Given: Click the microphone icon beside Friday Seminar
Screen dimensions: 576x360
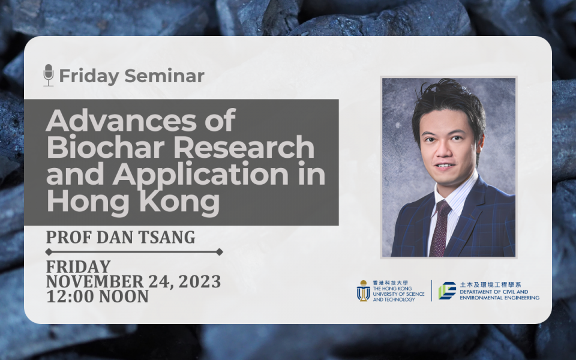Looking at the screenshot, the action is tap(49, 76).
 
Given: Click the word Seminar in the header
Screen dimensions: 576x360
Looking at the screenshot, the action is tap(164, 76).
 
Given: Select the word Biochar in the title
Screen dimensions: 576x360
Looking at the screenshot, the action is tap(106, 147).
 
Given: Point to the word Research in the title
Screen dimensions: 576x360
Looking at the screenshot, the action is tap(244, 147).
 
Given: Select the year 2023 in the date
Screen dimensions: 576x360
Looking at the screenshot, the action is tap(199, 281).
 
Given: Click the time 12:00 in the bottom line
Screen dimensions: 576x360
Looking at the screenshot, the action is tap(70, 296).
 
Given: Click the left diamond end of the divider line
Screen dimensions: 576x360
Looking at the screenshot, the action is tap(49, 252).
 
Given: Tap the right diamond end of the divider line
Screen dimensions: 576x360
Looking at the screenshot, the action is tap(220, 252).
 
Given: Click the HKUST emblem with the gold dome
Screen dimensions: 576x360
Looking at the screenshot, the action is tap(364, 290).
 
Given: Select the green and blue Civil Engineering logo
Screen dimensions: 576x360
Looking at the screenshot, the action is tap(447, 290).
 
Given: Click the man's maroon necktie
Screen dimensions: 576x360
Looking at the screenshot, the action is tap(440, 228).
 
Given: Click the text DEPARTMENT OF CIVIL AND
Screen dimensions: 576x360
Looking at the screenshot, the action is tap(494, 292).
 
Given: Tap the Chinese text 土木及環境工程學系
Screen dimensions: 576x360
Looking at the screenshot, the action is tap(490, 284).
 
